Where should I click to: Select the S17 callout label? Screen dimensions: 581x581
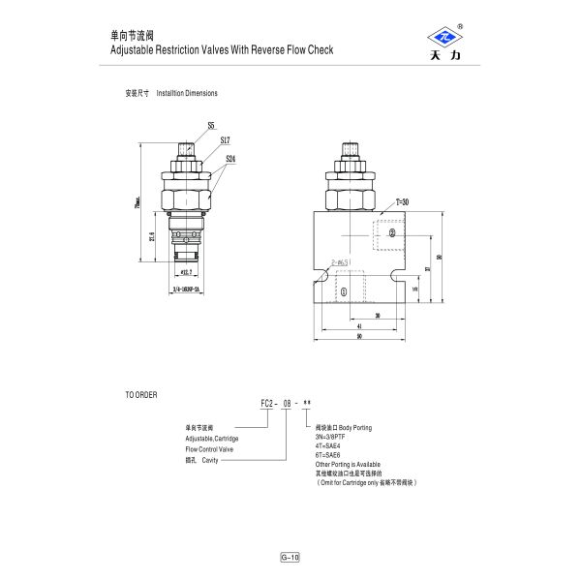click(225, 140)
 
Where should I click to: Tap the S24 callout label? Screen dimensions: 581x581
click(230, 158)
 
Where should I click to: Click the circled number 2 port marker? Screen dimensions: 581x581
click(392, 233)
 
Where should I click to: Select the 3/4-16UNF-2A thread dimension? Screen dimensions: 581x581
click(186, 289)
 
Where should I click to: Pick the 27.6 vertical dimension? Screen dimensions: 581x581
click(152, 237)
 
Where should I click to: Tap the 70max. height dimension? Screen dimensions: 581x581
click(138, 205)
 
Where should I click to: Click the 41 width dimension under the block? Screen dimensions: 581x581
click(359, 326)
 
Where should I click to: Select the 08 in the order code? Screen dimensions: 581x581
click(287, 403)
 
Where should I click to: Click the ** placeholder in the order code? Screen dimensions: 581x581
click(307, 403)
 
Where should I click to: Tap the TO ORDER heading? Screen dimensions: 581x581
click(140, 395)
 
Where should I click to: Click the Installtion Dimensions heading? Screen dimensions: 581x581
click(187, 93)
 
